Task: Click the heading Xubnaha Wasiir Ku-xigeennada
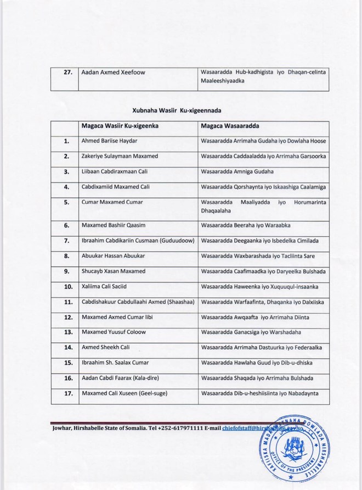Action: pos(180,109)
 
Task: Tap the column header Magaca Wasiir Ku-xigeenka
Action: pos(120,126)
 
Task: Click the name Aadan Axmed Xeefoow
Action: pos(114,72)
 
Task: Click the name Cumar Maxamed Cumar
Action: pos(112,202)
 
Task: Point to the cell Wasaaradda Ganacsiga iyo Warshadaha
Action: pos(256,332)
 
